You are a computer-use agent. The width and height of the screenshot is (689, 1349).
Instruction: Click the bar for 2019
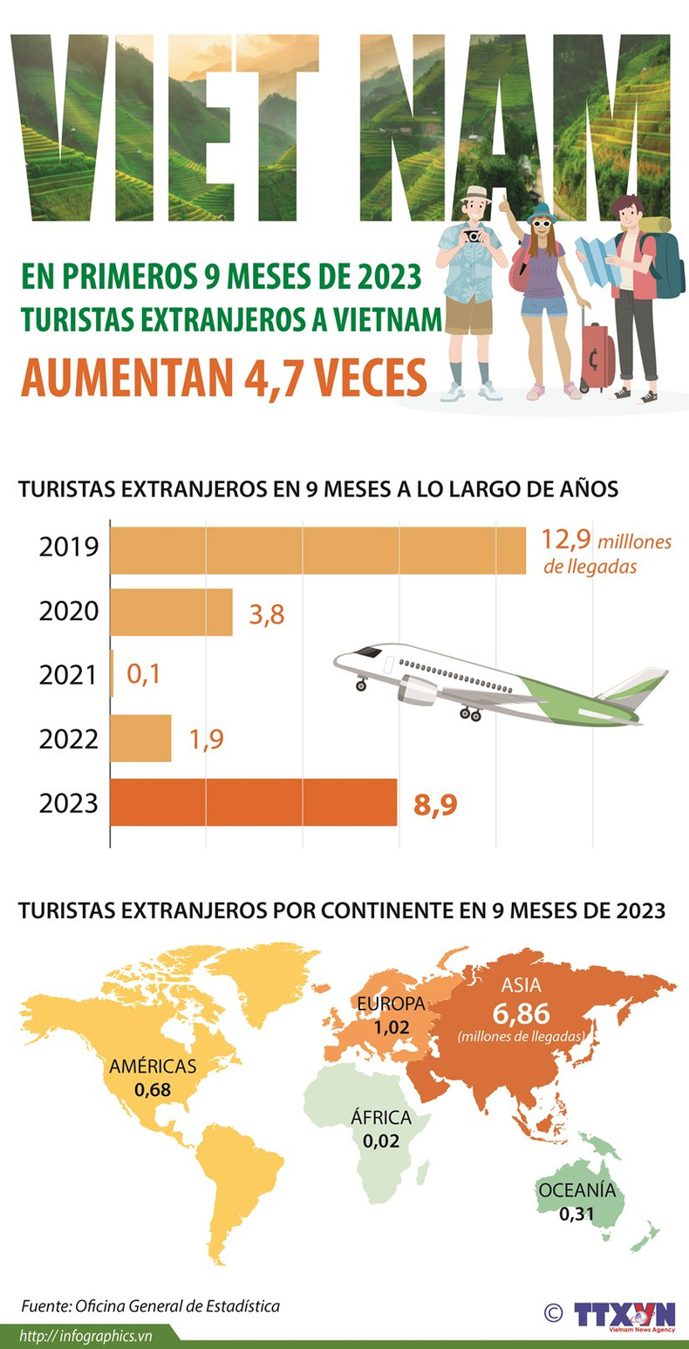click(x=317, y=550)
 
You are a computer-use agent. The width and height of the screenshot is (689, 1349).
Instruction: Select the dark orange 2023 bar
click(x=253, y=802)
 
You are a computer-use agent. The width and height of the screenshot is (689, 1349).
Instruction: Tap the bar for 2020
click(x=171, y=612)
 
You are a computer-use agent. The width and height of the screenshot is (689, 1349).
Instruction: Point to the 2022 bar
click(x=141, y=739)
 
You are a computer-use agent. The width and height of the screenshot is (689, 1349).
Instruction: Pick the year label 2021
click(x=68, y=675)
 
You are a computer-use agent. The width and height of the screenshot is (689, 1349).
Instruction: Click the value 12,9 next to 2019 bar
click(x=566, y=541)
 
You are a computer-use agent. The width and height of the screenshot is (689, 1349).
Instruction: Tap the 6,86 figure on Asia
click(x=521, y=1013)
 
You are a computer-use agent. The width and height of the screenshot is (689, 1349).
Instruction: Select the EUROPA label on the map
click(x=390, y=1004)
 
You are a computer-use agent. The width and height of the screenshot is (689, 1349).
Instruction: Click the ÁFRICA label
click(x=379, y=1118)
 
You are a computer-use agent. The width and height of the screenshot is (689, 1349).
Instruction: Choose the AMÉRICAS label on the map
click(x=153, y=1066)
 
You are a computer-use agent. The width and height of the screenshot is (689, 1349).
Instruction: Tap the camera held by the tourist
click(x=472, y=235)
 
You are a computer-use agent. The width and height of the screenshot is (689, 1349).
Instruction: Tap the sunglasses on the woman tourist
click(x=542, y=224)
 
